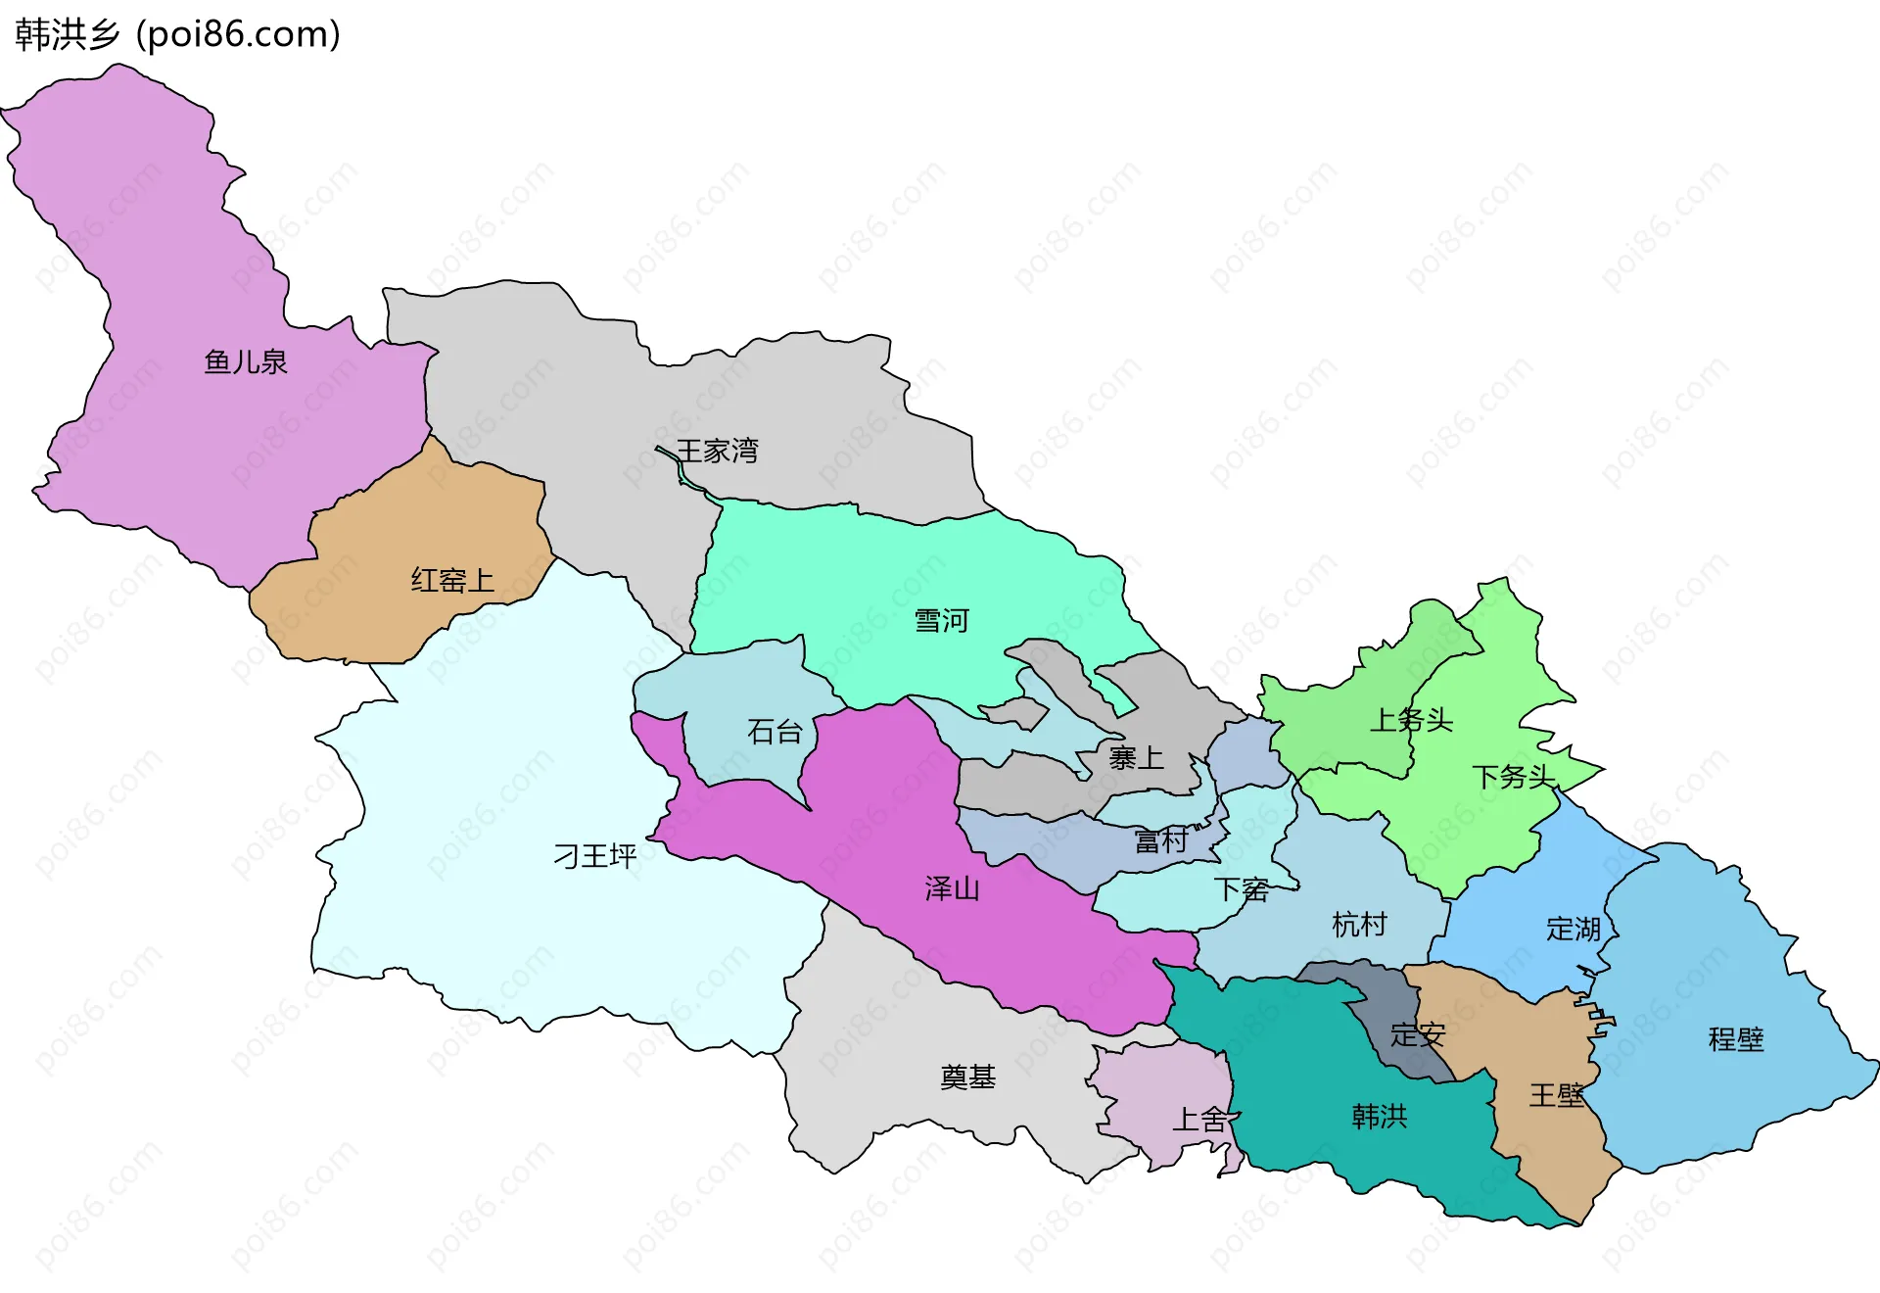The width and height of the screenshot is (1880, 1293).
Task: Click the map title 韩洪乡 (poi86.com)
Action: click(177, 34)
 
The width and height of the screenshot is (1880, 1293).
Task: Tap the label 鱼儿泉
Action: click(245, 362)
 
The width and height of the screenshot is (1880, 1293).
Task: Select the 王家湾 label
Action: click(717, 451)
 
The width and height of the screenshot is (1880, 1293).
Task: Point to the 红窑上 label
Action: click(451, 580)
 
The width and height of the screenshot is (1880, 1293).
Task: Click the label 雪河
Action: click(941, 621)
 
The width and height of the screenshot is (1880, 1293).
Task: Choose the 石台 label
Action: click(775, 731)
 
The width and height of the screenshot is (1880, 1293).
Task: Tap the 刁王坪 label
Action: click(595, 856)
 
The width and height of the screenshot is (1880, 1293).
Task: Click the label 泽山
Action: click(952, 888)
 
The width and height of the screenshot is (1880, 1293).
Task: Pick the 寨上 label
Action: click(1136, 757)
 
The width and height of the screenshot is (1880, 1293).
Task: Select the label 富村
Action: click(1160, 840)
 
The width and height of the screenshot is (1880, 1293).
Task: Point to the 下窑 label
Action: click(1242, 889)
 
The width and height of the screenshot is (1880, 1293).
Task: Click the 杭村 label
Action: click(1359, 924)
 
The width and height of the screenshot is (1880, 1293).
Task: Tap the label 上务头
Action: click(1410, 720)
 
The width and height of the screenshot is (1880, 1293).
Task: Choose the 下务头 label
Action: click(1514, 777)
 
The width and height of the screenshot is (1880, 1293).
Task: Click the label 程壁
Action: click(1735, 1038)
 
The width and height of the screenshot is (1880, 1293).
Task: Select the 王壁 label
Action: click(1556, 1095)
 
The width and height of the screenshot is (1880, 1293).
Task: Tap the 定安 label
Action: click(1417, 1034)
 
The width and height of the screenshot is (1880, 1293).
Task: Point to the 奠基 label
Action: click(967, 1077)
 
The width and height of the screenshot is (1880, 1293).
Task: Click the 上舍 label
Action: click(1199, 1119)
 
